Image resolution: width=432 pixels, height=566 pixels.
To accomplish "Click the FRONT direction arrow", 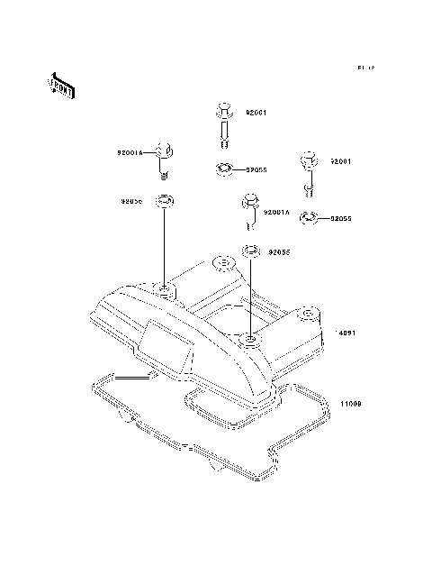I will pyautogui.click(x=60, y=86).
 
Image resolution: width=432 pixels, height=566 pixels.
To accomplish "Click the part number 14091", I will pyautogui.click(x=347, y=333).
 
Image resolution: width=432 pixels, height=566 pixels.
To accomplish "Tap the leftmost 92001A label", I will pyautogui.click(x=130, y=154).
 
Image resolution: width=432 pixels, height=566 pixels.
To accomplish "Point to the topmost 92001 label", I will pyautogui.click(x=256, y=114).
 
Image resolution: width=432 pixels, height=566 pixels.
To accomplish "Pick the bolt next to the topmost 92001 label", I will pyautogui.click(x=224, y=123).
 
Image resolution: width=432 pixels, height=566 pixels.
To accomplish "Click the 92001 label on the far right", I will pyautogui.click(x=339, y=161).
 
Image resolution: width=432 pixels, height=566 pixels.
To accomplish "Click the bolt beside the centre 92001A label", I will pyautogui.click(x=249, y=210).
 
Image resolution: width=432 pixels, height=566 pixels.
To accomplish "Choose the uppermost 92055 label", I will pyautogui.click(x=256, y=169).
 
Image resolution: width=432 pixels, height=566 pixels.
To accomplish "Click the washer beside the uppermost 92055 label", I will pyautogui.click(x=224, y=168).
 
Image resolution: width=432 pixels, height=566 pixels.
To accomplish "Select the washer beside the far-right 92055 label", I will pyautogui.click(x=307, y=216).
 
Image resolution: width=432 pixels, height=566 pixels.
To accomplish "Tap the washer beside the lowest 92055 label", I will pyautogui.click(x=251, y=250).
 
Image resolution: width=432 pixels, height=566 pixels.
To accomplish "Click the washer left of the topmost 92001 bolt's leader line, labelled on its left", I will pyautogui.click(x=165, y=201).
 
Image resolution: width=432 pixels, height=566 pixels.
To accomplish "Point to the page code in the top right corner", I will pyautogui.click(x=364, y=68).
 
